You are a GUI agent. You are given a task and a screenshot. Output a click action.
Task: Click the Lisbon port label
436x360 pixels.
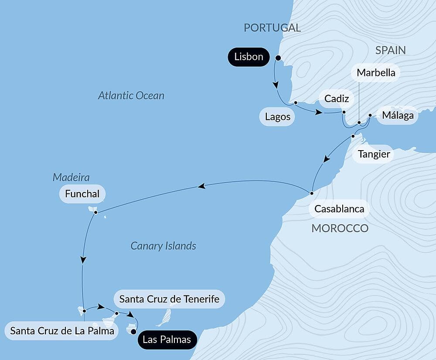(x=249, y=57)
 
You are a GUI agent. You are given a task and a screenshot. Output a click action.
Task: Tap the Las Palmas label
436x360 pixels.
(x=167, y=339)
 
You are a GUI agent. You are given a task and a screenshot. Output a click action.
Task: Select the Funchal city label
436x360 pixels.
(x=82, y=194)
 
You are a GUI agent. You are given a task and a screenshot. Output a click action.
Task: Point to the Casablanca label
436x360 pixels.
(x=339, y=209)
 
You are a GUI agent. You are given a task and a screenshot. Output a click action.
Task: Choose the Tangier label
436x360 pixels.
(x=374, y=154)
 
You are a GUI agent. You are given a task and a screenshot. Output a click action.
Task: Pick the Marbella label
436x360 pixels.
(x=376, y=73)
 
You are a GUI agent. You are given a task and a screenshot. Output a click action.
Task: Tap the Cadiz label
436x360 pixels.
(x=337, y=99)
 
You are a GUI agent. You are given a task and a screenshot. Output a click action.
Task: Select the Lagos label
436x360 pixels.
(x=278, y=117)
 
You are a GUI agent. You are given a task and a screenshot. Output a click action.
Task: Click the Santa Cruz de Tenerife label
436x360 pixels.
(x=169, y=300)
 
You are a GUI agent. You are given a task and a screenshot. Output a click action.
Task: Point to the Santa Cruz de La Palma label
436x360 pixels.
(x=62, y=331)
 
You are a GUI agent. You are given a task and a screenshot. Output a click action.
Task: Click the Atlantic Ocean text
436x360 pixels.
(x=131, y=96)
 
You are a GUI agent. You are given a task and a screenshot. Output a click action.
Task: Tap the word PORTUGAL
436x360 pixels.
(x=272, y=28)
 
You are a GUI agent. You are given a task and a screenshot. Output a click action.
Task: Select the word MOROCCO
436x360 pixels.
(x=340, y=228)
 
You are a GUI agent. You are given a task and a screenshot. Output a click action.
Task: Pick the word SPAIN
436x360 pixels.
(x=391, y=50)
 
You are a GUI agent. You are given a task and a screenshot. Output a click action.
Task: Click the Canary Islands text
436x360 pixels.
(x=163, y=246)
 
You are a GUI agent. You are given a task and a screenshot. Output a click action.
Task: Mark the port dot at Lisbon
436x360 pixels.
(x=278, y=57)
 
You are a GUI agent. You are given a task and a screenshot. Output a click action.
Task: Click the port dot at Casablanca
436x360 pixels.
(x=312, y=193)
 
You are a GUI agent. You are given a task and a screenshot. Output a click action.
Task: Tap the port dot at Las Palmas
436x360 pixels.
(x=133, y=332)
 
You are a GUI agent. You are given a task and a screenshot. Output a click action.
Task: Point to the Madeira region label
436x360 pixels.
(x=71, y=177)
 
